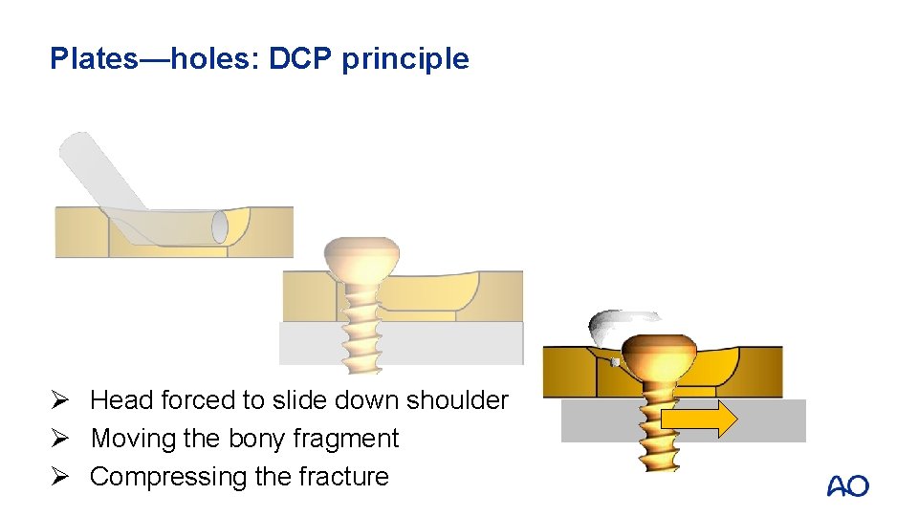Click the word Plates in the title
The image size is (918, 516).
pos(94,59)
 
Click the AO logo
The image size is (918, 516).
pos(847,486)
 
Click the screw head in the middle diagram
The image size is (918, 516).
pos(361,256)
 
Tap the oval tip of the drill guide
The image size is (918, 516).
pos(221,227)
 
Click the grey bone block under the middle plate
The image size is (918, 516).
pos(449,342)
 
